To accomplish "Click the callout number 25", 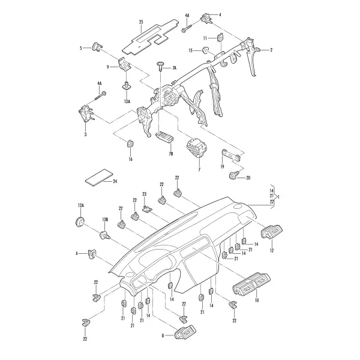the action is (141, 22).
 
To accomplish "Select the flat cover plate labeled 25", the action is (151, 38).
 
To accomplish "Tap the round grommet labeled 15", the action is (205, 50).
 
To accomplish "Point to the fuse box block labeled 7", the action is (197, 148).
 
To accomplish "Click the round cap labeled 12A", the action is (79, 221).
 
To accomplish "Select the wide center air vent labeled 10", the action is (251, 284).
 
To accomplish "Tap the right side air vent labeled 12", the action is (272, 231).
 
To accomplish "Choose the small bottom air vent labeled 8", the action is (185, 332).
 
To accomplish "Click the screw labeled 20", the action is (234, 175).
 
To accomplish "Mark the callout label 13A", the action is (127, 101).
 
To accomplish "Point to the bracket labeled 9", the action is (124, 64).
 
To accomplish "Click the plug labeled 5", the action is (96, 47).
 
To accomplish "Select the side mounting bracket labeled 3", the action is (86, 113).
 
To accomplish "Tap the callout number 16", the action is (131, 159).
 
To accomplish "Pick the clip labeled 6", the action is (92, 254).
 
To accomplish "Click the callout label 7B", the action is (170, 154).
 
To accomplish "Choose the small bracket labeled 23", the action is (147, 209).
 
